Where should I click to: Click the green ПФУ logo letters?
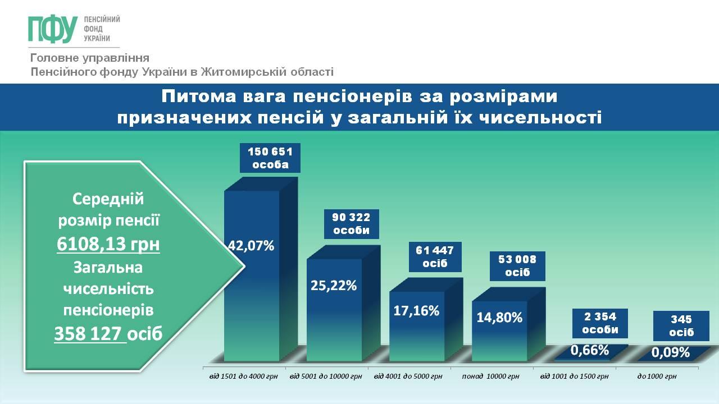click(53, 29)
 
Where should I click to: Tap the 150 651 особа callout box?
click(270, 158)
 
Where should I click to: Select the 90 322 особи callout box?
click(351, 224)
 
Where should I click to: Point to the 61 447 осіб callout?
click(435, 257)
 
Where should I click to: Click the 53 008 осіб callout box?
click(517, 266)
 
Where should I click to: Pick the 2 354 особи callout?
click(600, 323)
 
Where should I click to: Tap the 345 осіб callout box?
click(681, 326)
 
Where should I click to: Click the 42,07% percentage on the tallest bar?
click(251, 246)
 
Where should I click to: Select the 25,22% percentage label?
click(334, 285)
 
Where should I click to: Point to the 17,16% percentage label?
click(416, 310)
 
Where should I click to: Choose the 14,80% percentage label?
click(499, 318)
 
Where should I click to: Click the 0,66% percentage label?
click(590, 351)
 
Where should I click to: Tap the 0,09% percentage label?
click(671, 353)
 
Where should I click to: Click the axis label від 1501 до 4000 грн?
click(243, 377)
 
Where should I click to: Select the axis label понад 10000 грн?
click(490, 377)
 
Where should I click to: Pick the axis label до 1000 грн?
click(657, 377)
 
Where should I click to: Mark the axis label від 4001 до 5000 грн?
click(408, 377)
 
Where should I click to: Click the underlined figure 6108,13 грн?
click(108, 244)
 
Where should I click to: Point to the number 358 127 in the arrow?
click(88, 333)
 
